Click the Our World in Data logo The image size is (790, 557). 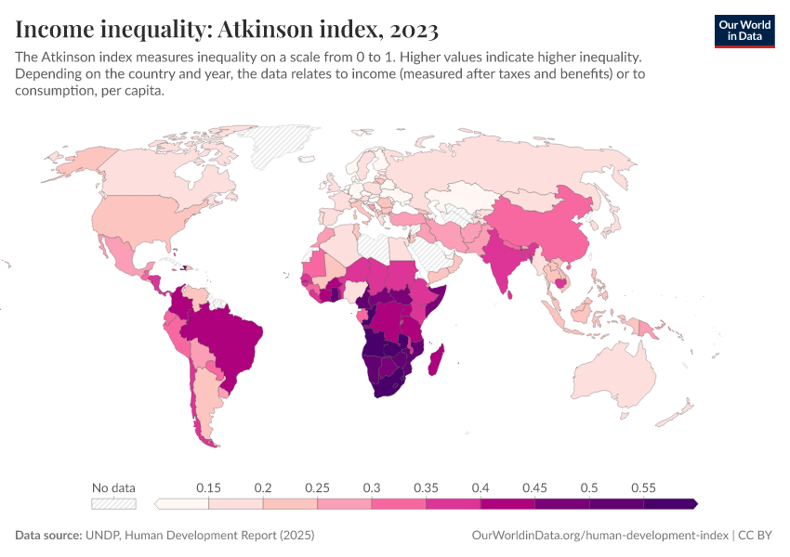click(x=744, y=31)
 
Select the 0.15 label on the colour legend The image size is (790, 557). click(x=208, y=487)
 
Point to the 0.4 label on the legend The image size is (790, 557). click(x=481, y=487)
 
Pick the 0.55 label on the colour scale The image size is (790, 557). click(x=643, y=487)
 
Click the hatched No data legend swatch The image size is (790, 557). click(x=113, y=503)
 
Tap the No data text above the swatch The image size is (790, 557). click(x=113, y=487)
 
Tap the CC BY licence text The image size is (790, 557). click(x=757, y=536)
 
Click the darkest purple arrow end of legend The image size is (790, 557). click(x=693, y=503)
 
